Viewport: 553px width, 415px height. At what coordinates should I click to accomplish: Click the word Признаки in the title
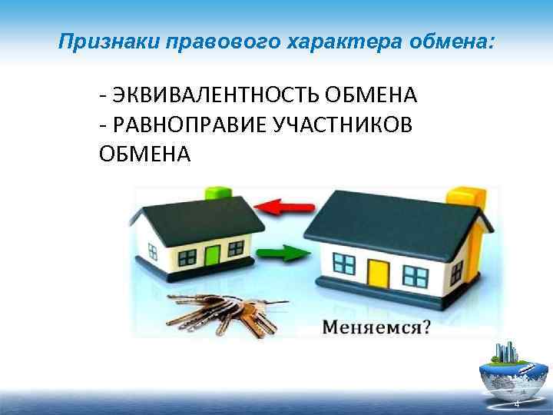coord(99,40)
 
